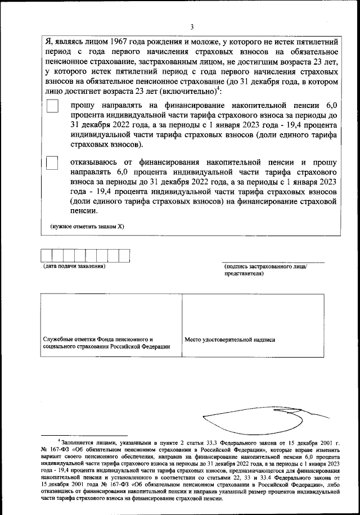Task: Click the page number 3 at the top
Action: coord(192,26)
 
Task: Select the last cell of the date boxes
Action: coord(124,256)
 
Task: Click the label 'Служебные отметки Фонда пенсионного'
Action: coord(98,340)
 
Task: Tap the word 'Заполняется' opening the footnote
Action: coord(78,443)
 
